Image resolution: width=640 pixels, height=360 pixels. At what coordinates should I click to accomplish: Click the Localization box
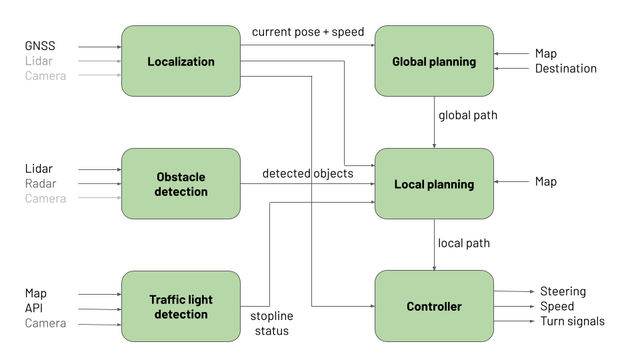(x=181, y=61)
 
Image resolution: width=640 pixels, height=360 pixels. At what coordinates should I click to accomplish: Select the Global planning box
(x=434, y=61)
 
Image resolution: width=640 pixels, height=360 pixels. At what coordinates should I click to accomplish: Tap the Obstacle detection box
(x=181, y=184)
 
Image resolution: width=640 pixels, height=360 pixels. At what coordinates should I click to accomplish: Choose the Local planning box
(x=434, y=184)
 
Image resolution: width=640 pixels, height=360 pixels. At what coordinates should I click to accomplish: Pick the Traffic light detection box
(x=181, y=307)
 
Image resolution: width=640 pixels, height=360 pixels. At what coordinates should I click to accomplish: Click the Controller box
(x=434, y=307)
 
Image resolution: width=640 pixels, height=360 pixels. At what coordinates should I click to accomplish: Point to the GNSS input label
(x=40, y=46)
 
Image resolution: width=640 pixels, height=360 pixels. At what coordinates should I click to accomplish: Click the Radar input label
(x=41, y=183)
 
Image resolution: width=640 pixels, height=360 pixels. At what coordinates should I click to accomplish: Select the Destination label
(x=565, y=68)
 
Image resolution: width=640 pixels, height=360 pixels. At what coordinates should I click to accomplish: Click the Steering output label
(x=563, y=291)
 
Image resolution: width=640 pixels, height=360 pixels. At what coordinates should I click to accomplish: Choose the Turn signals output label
(x=572, y=321)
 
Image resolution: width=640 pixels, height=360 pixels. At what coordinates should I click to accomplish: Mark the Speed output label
(x=557, y=306)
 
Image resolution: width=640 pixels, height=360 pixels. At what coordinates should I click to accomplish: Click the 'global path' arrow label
(x=467, y=115)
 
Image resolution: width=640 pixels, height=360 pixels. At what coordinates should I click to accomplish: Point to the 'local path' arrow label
(x=463, y=243)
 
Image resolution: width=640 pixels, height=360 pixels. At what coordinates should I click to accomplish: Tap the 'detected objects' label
(x=307, y=173)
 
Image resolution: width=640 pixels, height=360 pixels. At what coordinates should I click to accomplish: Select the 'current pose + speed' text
(x=307, y=32)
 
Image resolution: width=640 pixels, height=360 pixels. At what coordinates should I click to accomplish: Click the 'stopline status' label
(x=271, y=323)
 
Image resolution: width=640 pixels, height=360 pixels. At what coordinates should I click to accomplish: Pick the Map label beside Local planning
(x=545, y=181)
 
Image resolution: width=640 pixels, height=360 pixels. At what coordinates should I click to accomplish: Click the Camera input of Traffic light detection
(x=45, y=323)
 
